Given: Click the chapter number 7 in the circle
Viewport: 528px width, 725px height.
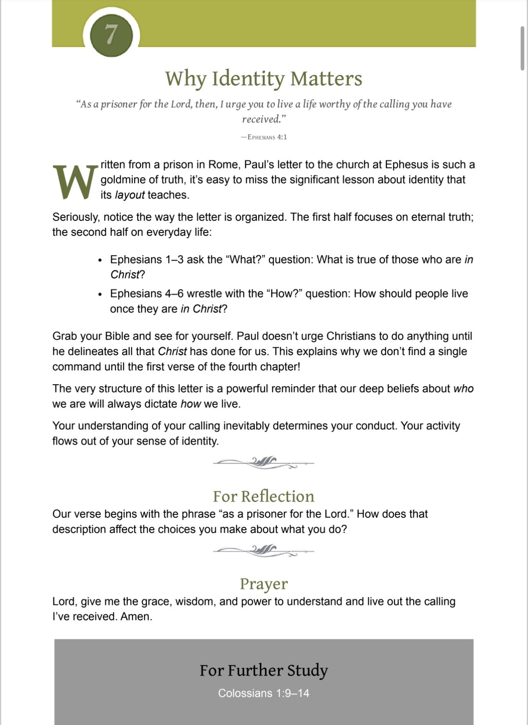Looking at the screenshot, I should tap(111, 34).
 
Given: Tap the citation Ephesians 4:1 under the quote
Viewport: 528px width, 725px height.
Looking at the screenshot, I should tap(264, 137).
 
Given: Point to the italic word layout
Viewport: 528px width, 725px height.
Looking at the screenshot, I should tap(129, 195).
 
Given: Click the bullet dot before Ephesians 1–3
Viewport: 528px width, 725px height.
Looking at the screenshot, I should tap(100, 261).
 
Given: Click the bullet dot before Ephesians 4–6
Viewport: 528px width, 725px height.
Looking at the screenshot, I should tap(100, 295).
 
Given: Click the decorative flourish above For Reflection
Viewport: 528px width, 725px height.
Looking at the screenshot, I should tap(264, 463).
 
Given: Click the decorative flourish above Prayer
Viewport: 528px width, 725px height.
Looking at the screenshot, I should tap(264, 551).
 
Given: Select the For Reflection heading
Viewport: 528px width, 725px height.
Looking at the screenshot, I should tap(264, 496).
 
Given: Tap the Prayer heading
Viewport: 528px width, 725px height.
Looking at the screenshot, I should tap(264, 584).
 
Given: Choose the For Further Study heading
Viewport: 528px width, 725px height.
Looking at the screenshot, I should tap(264, 671).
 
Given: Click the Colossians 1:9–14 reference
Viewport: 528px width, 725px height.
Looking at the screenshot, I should tap(264, 693).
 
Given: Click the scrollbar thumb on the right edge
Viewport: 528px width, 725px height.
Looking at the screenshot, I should tap(522, 48).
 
